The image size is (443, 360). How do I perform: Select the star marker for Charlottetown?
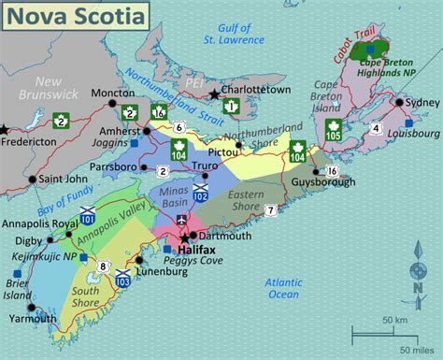click(215, 94)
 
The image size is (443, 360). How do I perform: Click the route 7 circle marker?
click(269, 210)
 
